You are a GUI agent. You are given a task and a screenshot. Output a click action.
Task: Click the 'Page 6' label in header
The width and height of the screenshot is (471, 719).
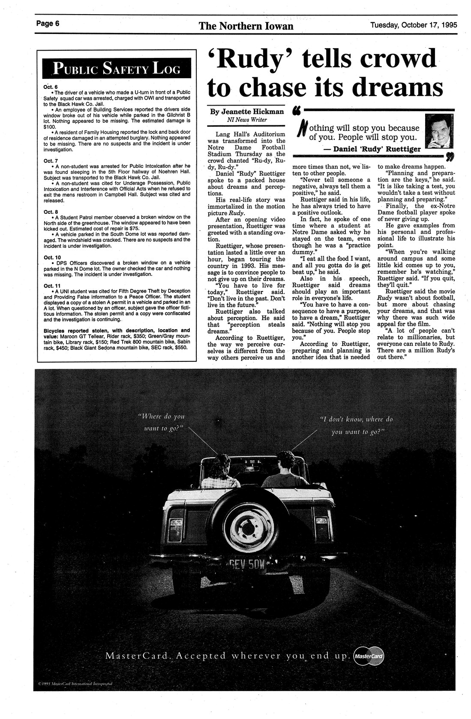[x=48, y=24]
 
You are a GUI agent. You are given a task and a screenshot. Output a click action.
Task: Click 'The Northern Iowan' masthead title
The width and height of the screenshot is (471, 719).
[x=246, y=26]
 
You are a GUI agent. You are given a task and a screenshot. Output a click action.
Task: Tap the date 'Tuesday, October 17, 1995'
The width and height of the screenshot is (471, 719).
[x=414, y=24]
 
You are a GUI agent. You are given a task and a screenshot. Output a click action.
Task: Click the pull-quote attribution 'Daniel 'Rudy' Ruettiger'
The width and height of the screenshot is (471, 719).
[x=371, y=149]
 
